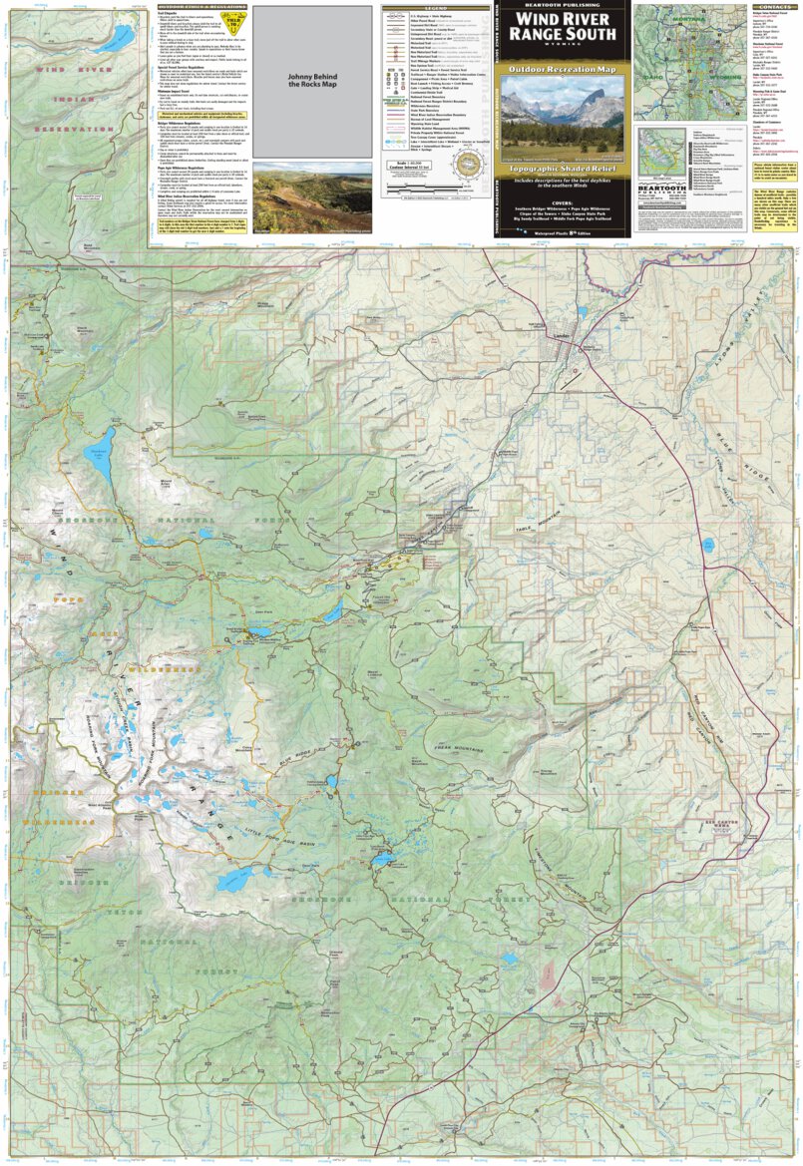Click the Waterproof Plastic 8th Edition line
565,230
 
